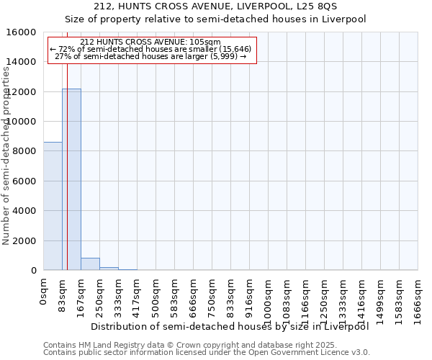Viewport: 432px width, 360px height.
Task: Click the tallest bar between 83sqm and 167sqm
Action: pos(71,179)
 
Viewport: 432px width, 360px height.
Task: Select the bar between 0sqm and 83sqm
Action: pos(53,206)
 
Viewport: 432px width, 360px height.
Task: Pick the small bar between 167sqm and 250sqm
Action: pos(90,264)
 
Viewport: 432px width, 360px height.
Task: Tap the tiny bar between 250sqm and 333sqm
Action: pos(109,269)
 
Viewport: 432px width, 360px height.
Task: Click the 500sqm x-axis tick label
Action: pos(156,294)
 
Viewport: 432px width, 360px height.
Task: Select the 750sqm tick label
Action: pos(212,294)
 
